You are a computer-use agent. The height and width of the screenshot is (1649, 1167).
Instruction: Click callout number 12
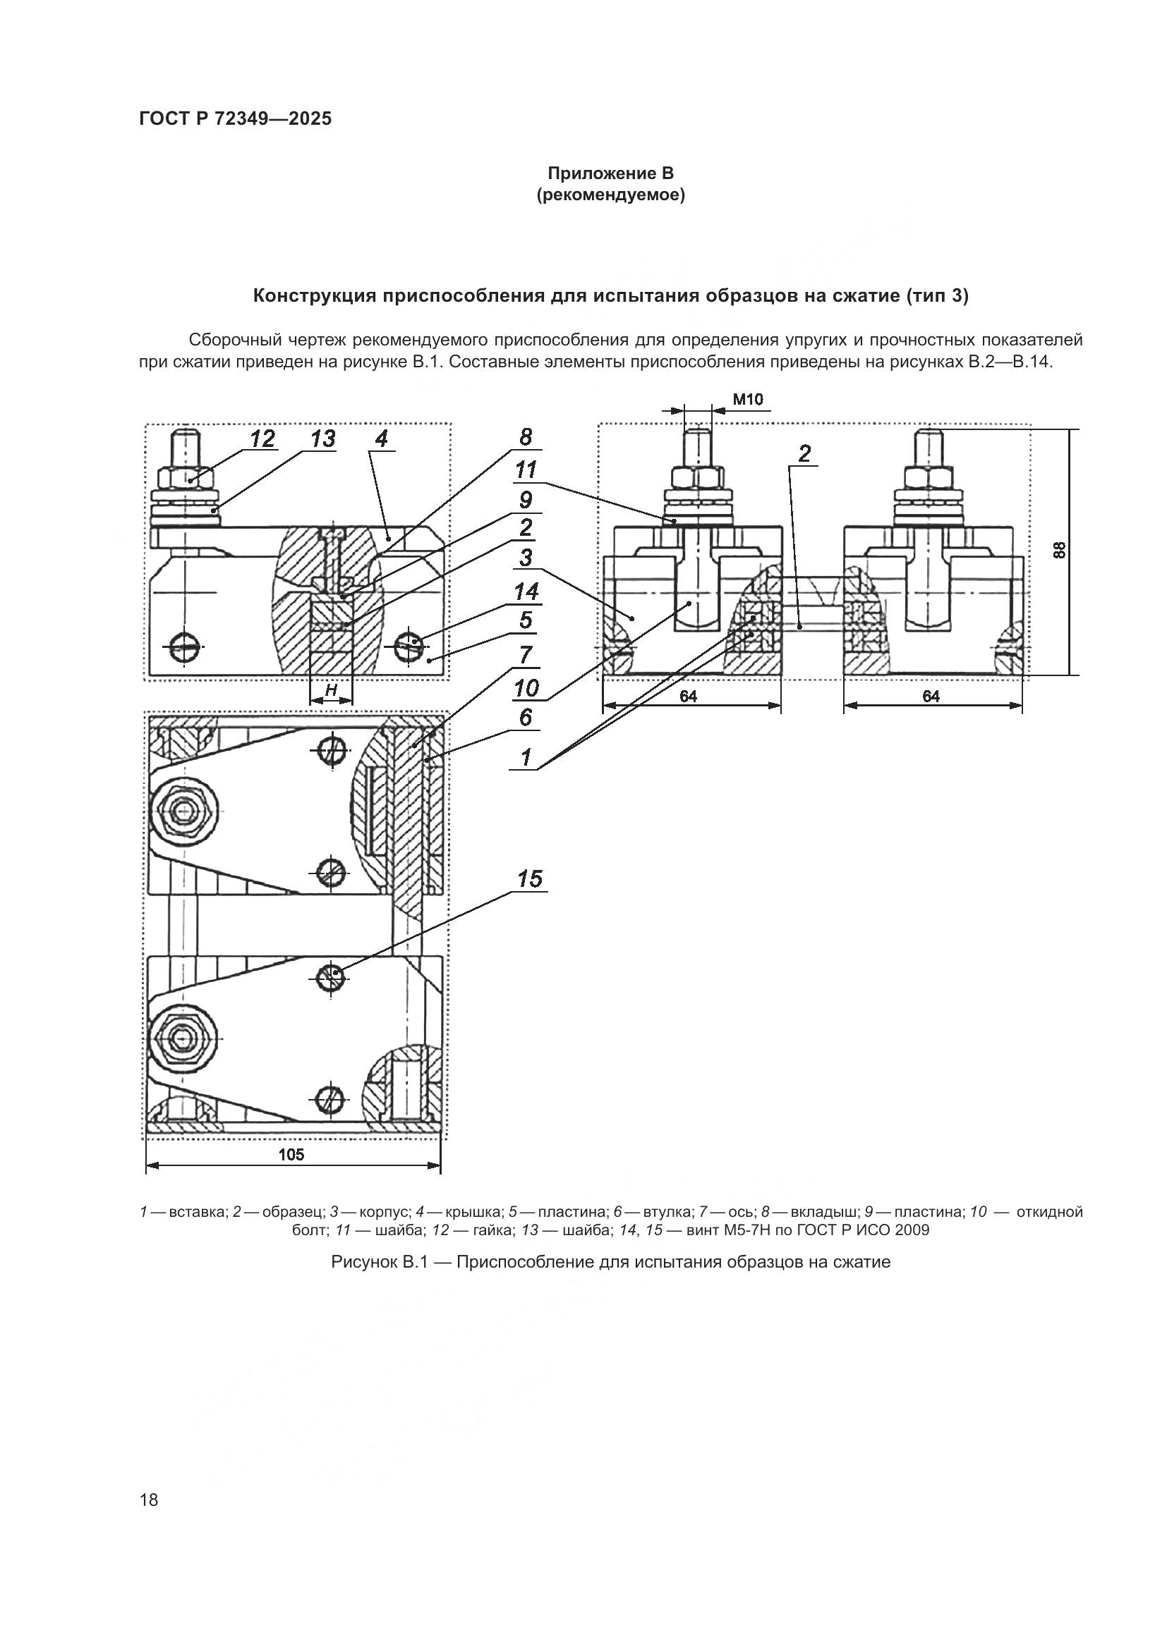[262, 438]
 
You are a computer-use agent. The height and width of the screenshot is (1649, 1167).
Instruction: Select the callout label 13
[322, 438]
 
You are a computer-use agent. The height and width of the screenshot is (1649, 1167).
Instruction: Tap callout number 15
[530, 879]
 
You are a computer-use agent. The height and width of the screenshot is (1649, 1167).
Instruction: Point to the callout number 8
[526, 436]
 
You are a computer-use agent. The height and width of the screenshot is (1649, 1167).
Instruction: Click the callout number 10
[526, 688]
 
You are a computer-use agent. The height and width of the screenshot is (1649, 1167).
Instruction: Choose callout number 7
[526, 654]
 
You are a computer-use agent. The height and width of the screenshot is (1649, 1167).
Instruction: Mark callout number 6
[526, 717]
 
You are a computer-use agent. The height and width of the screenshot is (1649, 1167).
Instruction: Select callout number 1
[526, 757]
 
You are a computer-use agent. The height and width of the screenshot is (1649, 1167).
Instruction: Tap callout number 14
[526, 591]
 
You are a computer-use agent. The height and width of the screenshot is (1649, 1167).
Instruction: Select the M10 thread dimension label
[747, 399]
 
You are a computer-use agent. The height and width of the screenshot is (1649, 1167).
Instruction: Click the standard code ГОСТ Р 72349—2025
[235, 119]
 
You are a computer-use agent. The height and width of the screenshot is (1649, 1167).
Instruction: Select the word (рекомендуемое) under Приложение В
[610, 195]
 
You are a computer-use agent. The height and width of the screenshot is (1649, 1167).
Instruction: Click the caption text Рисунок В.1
[379, 1262]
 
